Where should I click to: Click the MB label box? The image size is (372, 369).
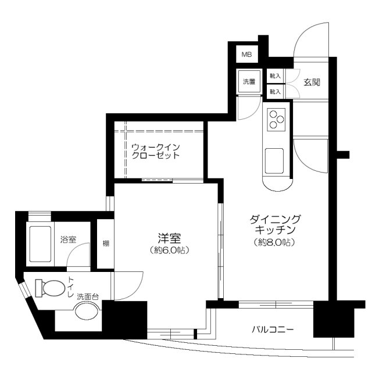247,55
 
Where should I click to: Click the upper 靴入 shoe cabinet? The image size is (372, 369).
275,76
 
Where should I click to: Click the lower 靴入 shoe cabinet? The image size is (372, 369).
275,91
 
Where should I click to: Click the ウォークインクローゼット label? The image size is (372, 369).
155,152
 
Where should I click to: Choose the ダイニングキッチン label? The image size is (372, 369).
276,224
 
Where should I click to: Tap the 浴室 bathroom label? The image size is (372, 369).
68,239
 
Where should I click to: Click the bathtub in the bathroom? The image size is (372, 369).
41,243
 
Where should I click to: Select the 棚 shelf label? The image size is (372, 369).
106,243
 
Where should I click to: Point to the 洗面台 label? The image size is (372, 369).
88,297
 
